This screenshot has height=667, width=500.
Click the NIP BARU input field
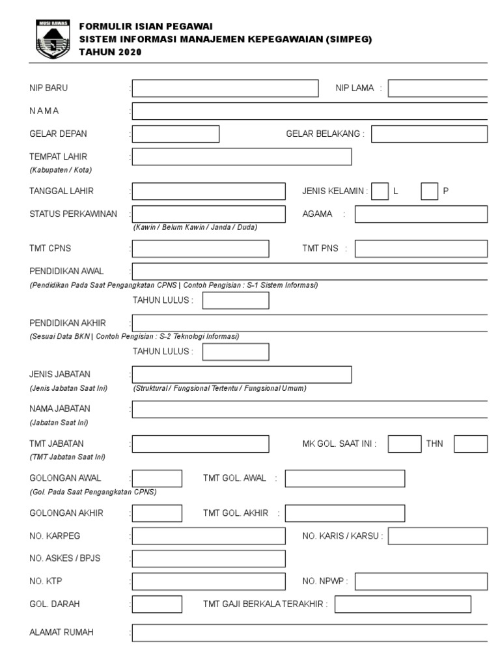(225, 88)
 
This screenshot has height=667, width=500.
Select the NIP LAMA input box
(437, 88)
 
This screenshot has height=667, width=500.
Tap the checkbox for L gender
(380, 191)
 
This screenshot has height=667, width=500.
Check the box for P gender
(429, 191)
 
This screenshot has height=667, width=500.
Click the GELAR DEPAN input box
(176, 134)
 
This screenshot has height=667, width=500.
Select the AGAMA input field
(421, 214)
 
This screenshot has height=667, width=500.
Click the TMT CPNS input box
(201, 248)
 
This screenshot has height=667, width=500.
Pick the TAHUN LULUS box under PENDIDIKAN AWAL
(235, 300)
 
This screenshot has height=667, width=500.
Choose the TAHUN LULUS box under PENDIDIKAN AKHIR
(235, 351)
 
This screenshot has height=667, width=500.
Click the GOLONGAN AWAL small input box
(157, 478)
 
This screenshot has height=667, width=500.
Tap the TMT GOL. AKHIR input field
(344, 513)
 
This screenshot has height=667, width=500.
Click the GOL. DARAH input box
(157, 604)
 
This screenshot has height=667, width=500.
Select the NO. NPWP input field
(421, 581)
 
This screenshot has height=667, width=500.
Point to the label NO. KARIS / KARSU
(342, 536)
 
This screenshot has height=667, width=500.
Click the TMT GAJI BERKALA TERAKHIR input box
(402, 604)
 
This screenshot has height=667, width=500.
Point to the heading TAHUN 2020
(109, 52)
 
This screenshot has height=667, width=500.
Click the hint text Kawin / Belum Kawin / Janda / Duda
(195, 227)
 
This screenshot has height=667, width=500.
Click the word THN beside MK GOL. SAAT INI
(434, 444)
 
